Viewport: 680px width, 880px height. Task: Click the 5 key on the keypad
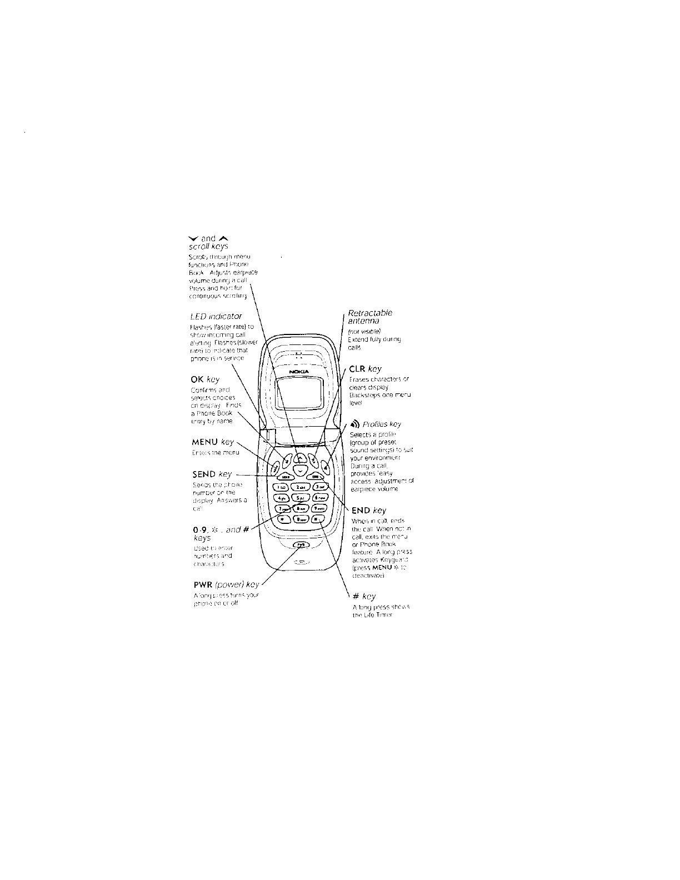pos(299,497)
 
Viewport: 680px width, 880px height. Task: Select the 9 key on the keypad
pos(319,508)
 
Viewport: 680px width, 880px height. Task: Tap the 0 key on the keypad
pos(301,519)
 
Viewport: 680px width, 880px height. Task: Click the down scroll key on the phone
pos(300,471)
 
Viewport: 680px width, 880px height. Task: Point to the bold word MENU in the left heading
pos(204,442)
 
